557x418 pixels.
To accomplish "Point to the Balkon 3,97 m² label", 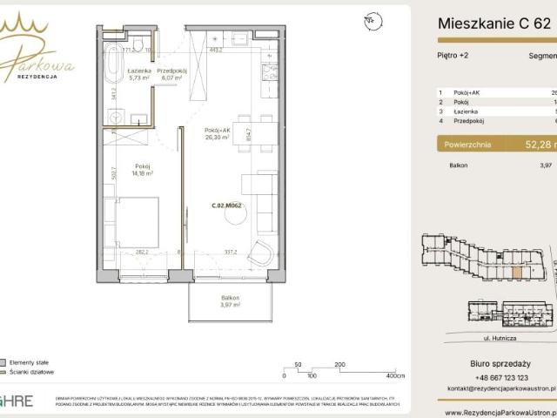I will click(230, 301).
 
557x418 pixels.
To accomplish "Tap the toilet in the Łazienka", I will click(138, 45).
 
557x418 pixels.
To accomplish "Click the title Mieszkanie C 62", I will click(493, 23).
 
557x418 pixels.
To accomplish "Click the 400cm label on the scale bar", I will click(395, 376).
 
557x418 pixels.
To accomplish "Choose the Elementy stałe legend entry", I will click(31, 361).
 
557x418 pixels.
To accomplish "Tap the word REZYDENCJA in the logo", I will click(37, 77).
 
